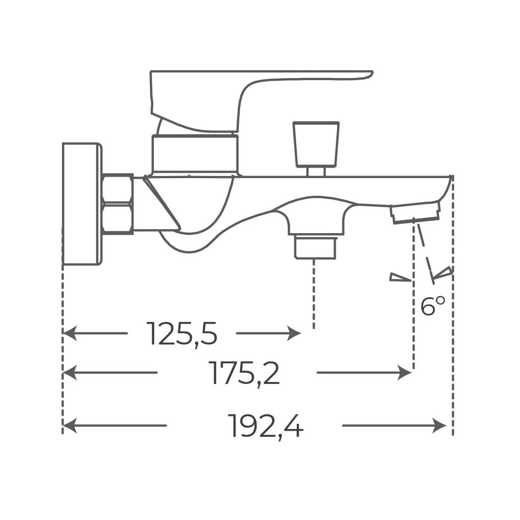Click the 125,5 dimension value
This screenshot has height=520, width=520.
coord(182,333)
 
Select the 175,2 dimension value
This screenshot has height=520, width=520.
coord(244,373)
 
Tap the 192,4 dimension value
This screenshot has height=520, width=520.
coord(266,426)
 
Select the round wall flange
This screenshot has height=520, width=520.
coord(82,204)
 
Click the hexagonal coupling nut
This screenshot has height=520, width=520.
coord(118,204)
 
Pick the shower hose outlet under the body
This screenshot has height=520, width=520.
coord(315,247)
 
